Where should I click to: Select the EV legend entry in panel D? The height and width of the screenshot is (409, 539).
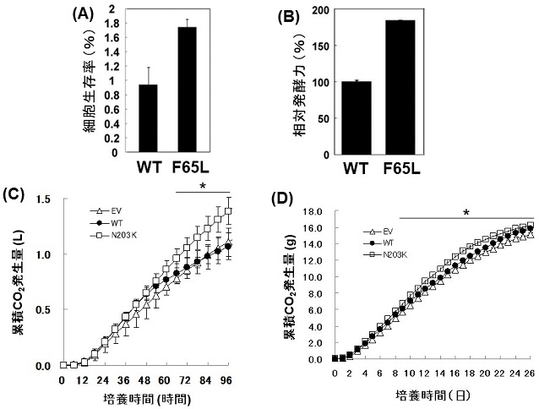[383, 231]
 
